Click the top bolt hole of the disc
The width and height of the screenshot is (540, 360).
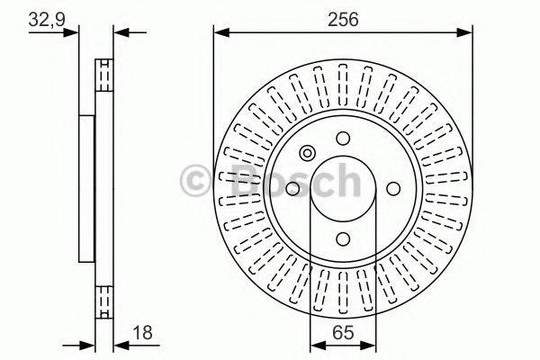click(x=343, y=138)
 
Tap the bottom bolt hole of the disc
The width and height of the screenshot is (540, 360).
click(x=343, y=238)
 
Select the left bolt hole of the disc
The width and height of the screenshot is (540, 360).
click(x=292, y=188)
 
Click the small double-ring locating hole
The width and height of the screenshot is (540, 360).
click(x=307, y=152)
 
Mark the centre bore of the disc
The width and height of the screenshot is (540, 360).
click(x=343, y=188)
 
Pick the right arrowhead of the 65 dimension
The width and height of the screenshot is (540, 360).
click(x=371, y=345)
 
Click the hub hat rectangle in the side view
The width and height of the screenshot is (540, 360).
click(x=86, y=188)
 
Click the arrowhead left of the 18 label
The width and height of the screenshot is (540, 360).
click(x=89, y=345)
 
